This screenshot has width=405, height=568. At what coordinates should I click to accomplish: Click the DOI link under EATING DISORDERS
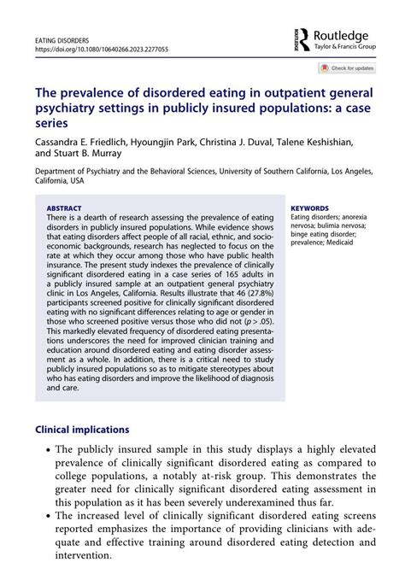click(x=101, y=50)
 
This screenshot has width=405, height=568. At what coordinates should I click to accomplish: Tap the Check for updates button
click(x=348, y=67)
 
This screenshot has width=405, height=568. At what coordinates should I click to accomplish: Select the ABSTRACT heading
click(x=65, y=208)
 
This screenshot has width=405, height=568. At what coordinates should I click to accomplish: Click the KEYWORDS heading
click(x=310, y=208)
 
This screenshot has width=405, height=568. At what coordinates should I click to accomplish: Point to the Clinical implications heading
click(x=82, y=430)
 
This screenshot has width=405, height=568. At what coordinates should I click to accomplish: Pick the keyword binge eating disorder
click(x=323, y=233)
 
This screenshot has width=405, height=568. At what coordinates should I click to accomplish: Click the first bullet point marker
click(x=44, y=450)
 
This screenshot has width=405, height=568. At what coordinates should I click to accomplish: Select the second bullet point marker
click(x=44, y=515)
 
